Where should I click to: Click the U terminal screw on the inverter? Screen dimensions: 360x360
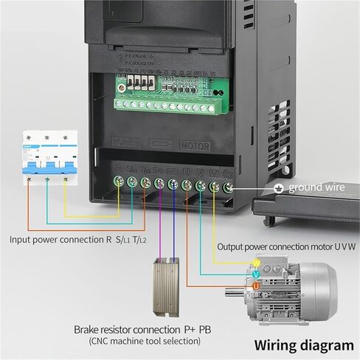click(186, 184)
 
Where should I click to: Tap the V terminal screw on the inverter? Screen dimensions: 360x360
click(200, 185)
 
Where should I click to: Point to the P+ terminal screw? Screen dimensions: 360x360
click(159, 183)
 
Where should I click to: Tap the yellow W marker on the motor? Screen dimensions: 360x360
click(256, 263)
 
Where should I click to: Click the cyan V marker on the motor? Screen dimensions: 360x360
click(256, 274)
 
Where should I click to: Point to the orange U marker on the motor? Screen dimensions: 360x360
click(256, 285)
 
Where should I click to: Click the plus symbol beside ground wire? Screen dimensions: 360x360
click(278, 188)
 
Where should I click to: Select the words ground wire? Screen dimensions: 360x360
click(316, 188)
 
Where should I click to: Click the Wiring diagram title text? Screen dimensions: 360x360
click(304, 345)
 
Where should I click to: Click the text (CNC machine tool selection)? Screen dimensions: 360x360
click(145, 342)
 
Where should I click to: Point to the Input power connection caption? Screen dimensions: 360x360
click(77, 239)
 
